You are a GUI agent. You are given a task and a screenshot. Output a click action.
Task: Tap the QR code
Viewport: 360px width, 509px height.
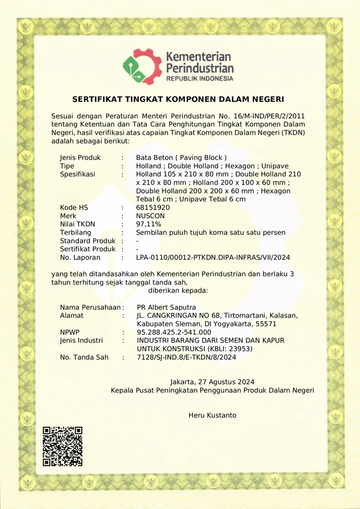click(62, 446)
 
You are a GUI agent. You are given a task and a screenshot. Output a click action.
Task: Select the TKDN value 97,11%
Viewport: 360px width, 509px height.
click(149, 224)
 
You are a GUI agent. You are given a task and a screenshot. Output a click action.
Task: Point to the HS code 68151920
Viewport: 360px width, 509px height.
click(153, 207)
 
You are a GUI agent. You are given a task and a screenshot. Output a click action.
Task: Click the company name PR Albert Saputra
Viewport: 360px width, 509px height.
click(166, 307)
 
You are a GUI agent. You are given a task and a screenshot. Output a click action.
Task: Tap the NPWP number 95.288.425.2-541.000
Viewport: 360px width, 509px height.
click(174, 332)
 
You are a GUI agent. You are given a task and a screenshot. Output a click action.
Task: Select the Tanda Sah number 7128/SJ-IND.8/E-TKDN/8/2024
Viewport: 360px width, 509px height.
click(187, 357)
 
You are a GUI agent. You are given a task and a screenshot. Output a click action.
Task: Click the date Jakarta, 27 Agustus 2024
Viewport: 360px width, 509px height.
click(212, 382)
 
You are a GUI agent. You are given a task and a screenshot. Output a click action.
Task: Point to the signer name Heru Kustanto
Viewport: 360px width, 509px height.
click(212, 415)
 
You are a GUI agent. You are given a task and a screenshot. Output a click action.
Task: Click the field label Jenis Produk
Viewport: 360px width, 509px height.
click(80, 157)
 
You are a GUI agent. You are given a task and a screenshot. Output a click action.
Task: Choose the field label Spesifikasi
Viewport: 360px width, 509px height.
click(78, 174)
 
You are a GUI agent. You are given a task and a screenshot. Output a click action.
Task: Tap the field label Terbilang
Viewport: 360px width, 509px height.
click(76, 232)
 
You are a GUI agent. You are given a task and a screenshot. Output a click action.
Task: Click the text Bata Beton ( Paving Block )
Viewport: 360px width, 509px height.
click(181, 157)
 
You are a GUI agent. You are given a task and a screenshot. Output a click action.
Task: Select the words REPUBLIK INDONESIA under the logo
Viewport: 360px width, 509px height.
click(200, 79)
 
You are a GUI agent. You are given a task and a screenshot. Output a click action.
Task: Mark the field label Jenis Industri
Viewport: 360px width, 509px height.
click(81, 340)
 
